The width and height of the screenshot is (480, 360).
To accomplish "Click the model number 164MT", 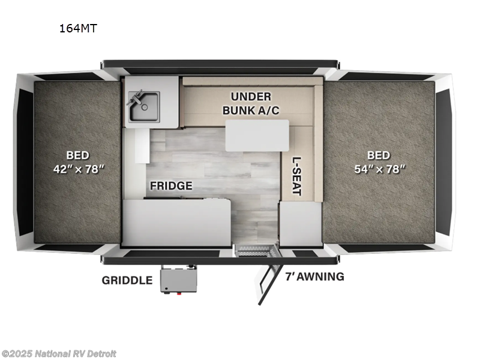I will click(x=78, y=27).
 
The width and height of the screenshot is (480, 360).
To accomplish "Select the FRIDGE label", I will click(x=172, y=185).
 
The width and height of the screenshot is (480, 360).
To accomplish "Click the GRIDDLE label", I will click(x=127, y=280).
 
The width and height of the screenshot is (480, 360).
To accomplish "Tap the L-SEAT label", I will click(x=297, y=176).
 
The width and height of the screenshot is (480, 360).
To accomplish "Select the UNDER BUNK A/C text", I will click(x=251, y=103).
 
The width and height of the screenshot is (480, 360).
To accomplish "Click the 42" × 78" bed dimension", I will click(x=77, y=169).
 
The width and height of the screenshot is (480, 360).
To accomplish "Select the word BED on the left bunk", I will click(x=77, y=155).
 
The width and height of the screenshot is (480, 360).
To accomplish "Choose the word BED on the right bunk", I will click(x=379, y=155).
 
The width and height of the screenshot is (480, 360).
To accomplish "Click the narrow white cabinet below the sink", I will click(x=142, y=145).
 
